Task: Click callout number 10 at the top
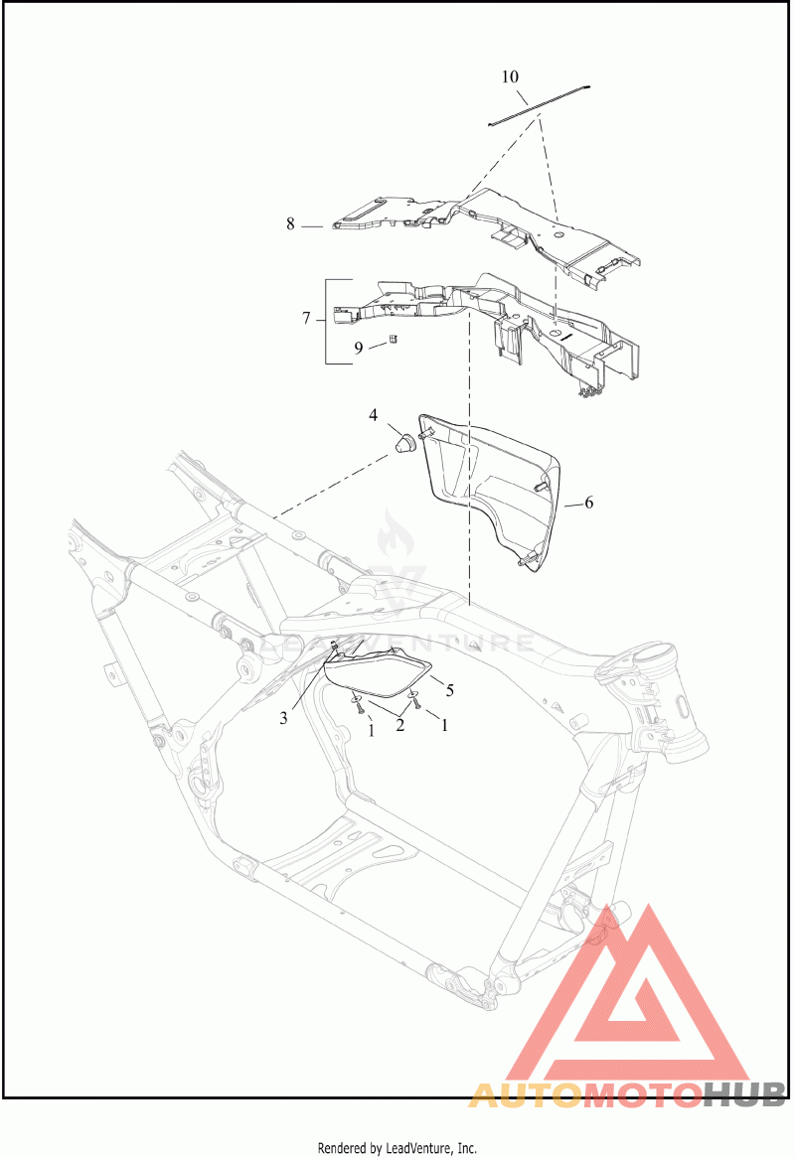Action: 510,76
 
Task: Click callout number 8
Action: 290,223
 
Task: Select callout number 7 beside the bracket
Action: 306,319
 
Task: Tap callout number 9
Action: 359,348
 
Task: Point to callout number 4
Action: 373,415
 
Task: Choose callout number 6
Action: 588,503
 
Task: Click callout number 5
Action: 449,690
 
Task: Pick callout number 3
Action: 284,717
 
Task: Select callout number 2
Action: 399,725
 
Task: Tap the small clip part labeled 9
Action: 394,339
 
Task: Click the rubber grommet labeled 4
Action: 402,444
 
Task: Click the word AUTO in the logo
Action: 526,1096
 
